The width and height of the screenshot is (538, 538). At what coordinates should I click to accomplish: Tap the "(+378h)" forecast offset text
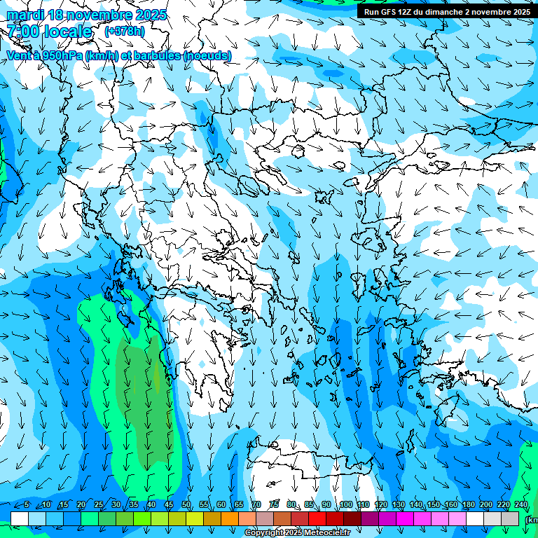124,31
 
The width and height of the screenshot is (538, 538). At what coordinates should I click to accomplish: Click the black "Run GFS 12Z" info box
447,11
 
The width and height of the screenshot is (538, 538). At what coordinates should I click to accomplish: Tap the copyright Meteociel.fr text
297,533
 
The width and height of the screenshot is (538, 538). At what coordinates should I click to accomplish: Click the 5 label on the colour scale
27,505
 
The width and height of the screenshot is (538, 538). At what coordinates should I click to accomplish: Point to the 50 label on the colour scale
186,505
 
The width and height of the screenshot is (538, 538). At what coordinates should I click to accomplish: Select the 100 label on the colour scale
346,505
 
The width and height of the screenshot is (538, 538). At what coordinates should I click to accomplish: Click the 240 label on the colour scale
521,505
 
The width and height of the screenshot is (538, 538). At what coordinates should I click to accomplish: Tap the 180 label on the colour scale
467,505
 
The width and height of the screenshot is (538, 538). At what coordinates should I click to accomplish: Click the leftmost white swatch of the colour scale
20,518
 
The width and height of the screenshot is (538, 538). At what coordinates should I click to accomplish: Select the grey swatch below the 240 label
510,518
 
